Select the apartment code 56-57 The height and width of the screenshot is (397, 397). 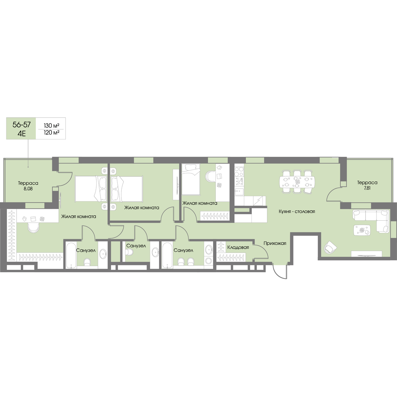click(22, 124)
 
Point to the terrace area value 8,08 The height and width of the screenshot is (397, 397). click(28, 189)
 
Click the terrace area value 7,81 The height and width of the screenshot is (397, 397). click(367, 188)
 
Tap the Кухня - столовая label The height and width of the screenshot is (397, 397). click(297, 211)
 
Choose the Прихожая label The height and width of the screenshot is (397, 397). click(275, 243)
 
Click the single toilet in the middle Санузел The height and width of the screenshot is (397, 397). click(130, 252)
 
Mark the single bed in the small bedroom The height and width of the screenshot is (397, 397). click(191, 179)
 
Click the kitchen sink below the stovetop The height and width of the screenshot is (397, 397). click(239, 192)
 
